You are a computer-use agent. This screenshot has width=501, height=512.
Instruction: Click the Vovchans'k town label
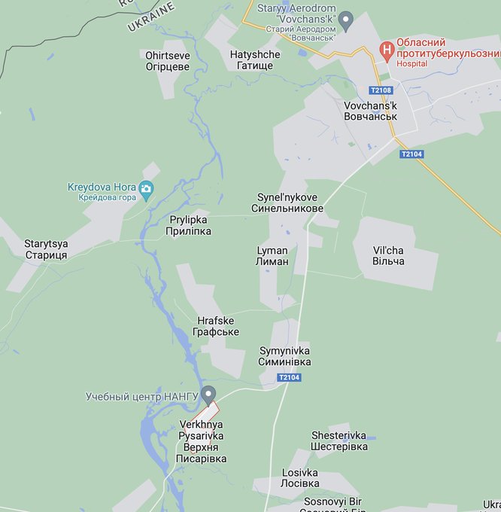pyautogui.click(x=369, y=111)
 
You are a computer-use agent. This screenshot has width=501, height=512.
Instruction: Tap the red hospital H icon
pyautogui.click(x=387, y=50)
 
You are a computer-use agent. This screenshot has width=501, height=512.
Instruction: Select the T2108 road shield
pyautogui.click(x=381, y=90)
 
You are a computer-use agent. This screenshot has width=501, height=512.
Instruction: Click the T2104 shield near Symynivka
pyautogui.click(x=289, y=377)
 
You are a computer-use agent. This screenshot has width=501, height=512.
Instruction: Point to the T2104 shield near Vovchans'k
pyautogui.click(x=411, y=154)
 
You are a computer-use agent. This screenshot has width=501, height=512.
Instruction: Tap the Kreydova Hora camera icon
pyautogui.click(x=146, y=187)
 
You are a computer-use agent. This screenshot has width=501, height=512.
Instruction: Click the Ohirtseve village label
pyautogui.click(x=168, y=60)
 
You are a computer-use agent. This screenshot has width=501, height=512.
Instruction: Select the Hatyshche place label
pyautogui.click(x=254, y=60)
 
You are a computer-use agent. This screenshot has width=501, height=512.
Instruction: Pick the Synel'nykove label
pyautogui.click(x=290, y=203)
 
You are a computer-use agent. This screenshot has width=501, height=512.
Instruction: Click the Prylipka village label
pyautogui.click(x=188, y=226)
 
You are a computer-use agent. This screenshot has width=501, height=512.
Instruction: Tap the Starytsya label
pyautogui.click(x=46, y=249)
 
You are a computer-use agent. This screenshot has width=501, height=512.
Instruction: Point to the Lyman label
pyautogui.click(x=272, y=255)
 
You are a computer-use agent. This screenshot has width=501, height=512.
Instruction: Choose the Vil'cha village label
pyautogui.click(x=388, y=255)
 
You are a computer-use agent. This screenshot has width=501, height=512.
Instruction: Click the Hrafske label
pyautogui.click(x=215, y=326)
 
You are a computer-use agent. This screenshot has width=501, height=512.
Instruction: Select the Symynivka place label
pyautogui.click(x=284, y=356)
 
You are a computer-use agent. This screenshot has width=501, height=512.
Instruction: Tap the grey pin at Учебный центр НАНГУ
pyautogui.click(x=209, y=393)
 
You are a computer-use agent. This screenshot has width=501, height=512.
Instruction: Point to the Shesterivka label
pyautogui.click(x=339, y=440)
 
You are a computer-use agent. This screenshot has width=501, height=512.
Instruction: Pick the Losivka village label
pyautogui.click(x=300, y=478)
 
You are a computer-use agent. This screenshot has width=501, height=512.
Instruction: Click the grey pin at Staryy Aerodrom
pyautogui.click(x=346, y=19)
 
